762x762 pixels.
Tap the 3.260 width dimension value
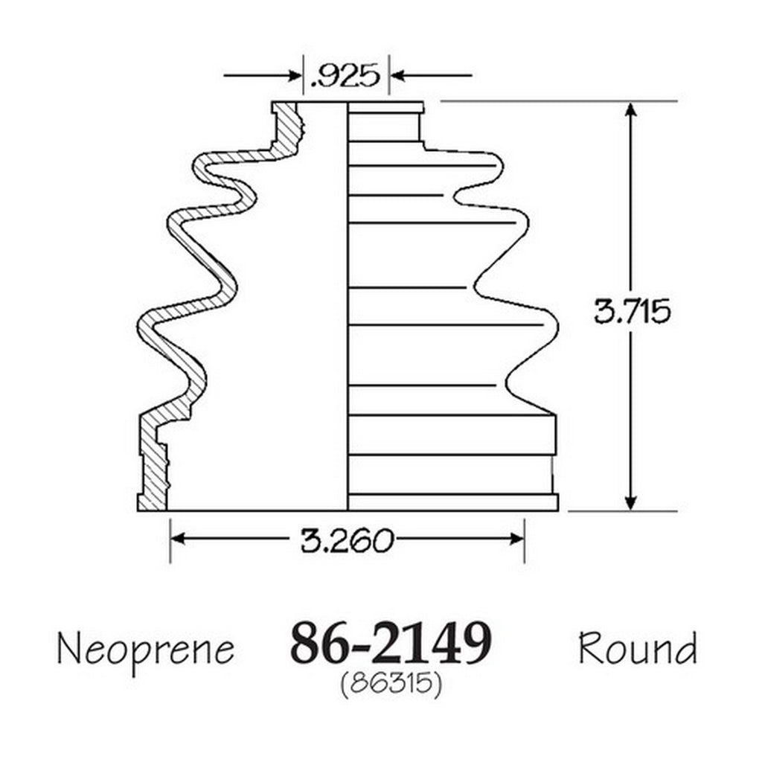[346, 540]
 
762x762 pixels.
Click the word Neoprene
[146, 650]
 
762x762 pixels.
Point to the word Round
[638, 649]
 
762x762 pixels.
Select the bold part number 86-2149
[391, 644]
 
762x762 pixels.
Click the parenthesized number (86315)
[391, 685]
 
